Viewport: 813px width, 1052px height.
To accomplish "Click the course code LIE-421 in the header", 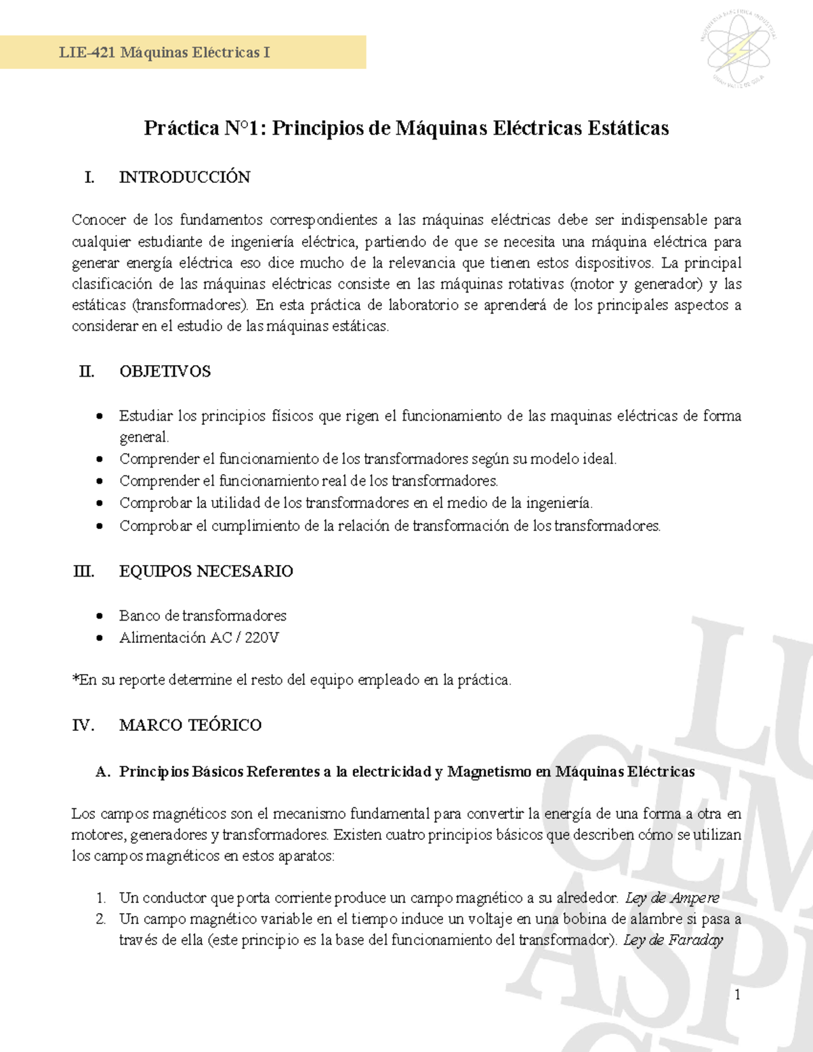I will click(87, 53).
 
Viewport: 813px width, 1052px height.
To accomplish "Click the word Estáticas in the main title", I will click(628, 128).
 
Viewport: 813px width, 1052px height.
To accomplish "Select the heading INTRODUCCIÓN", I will click(184, 177).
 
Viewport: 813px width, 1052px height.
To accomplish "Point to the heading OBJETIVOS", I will click(165, 371).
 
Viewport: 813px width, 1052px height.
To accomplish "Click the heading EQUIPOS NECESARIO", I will click(206, 571).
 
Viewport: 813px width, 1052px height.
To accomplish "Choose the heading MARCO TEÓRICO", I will click(190, 725).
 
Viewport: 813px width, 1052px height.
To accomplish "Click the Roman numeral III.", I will click(83, 571).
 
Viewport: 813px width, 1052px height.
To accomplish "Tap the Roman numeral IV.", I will click(83, 725).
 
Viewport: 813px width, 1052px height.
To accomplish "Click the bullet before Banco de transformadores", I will click(100, 616).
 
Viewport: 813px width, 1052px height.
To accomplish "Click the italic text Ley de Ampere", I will click(671, 898).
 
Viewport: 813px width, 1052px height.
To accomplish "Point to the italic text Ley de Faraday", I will click(673, 940).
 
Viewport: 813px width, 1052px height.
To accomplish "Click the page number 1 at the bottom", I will click(737, 994).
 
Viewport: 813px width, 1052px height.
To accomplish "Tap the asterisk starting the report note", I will click(75, 679).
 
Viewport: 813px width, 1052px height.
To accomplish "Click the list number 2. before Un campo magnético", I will click(101, 919).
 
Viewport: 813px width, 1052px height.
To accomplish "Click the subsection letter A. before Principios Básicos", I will click(103, 772).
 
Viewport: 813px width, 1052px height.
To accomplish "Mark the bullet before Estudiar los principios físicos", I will click(100, 416).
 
